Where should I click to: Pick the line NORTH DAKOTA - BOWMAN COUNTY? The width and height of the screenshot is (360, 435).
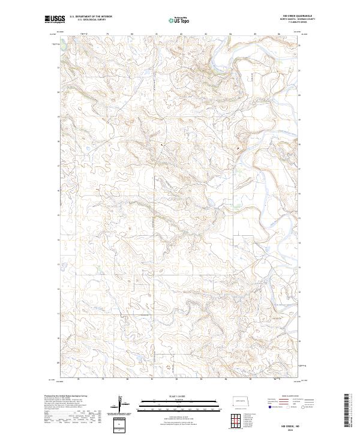(288, 19)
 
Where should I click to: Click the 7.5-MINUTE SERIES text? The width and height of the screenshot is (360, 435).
(288, 22)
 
